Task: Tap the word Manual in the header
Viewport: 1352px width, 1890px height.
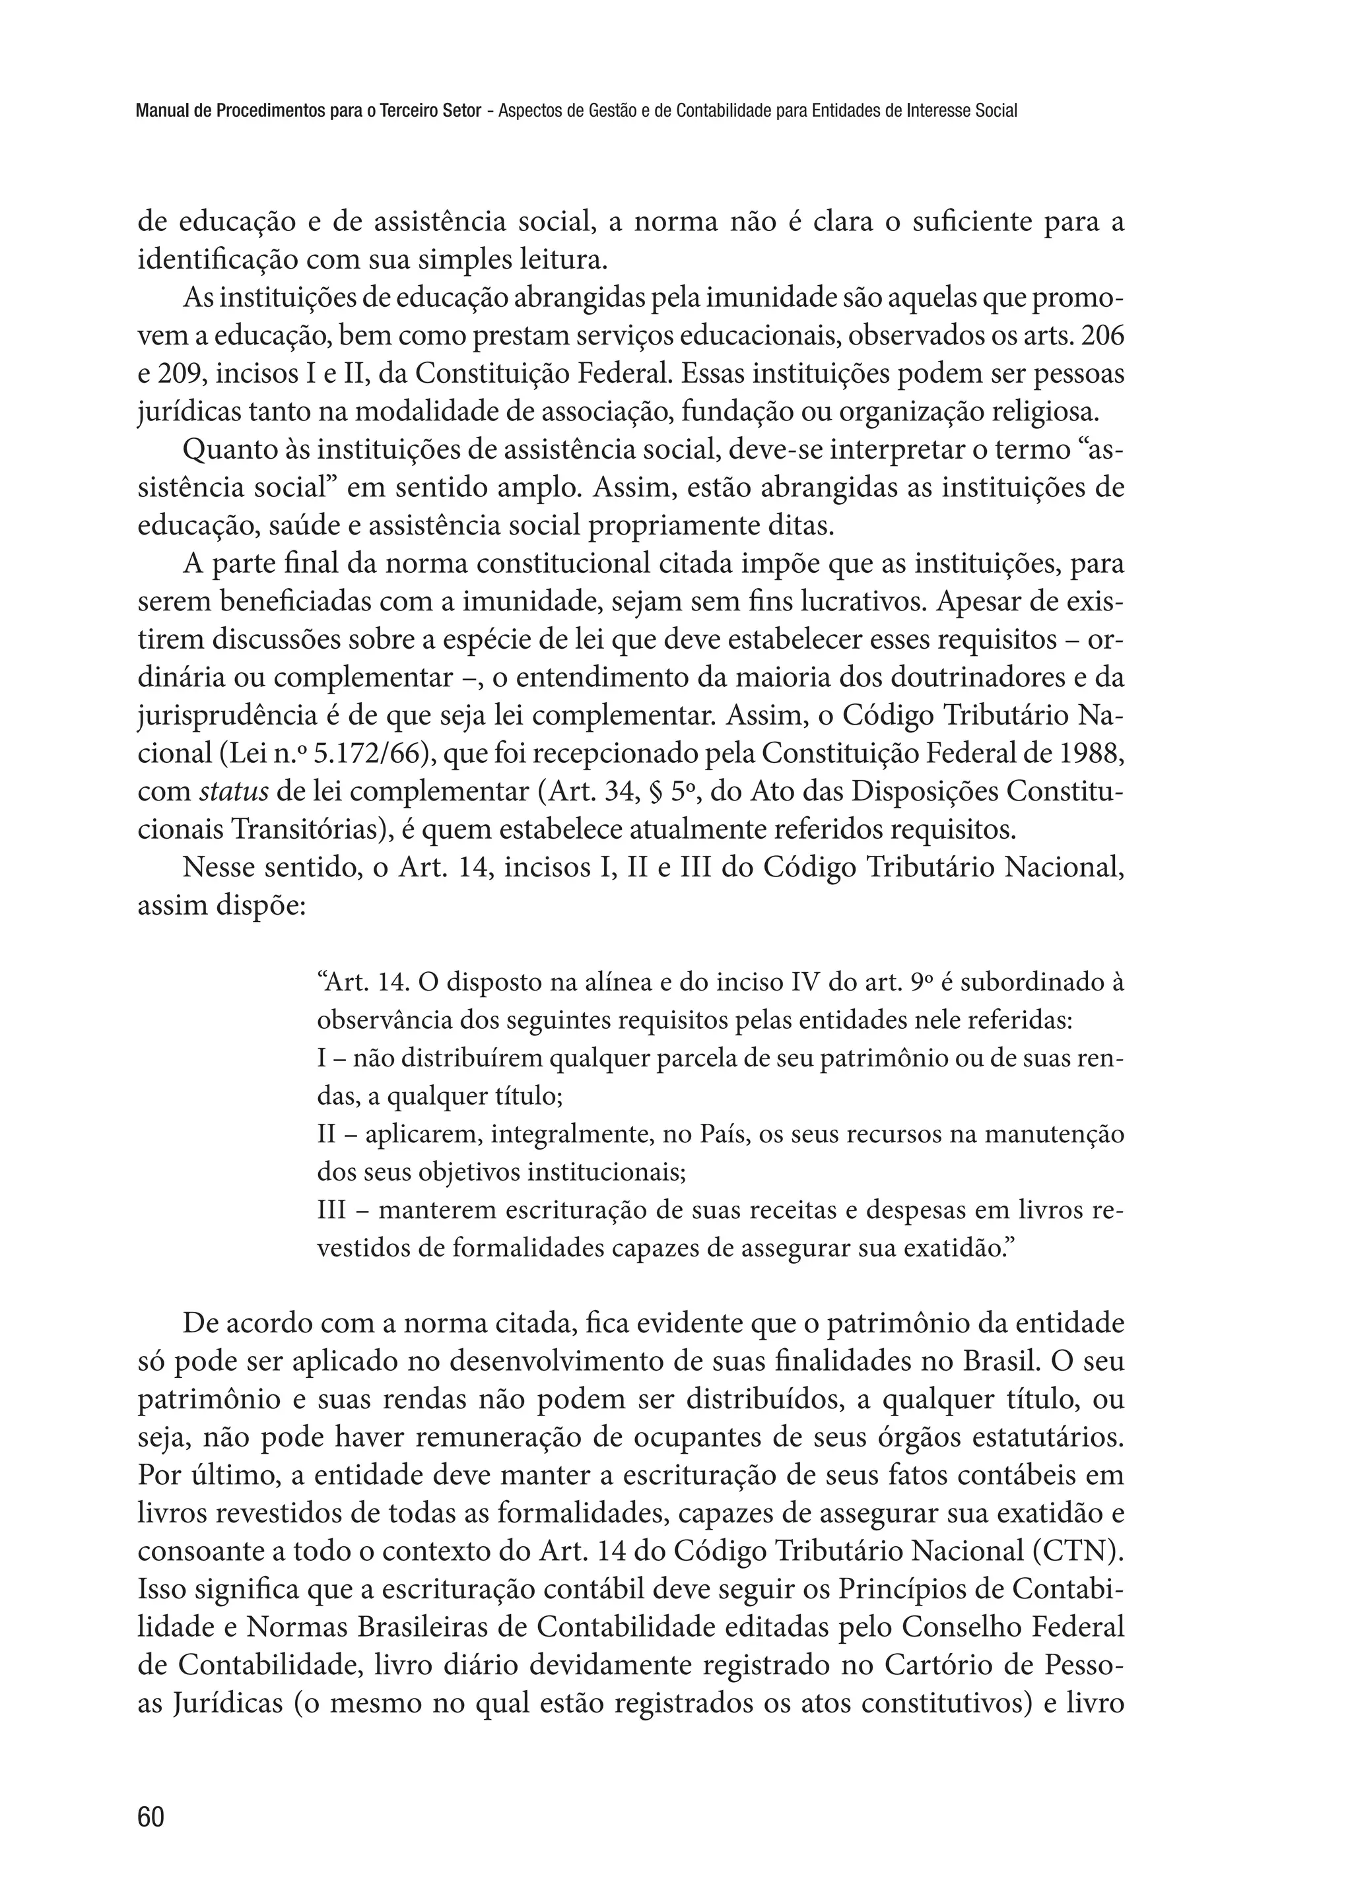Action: tap(160, 111)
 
